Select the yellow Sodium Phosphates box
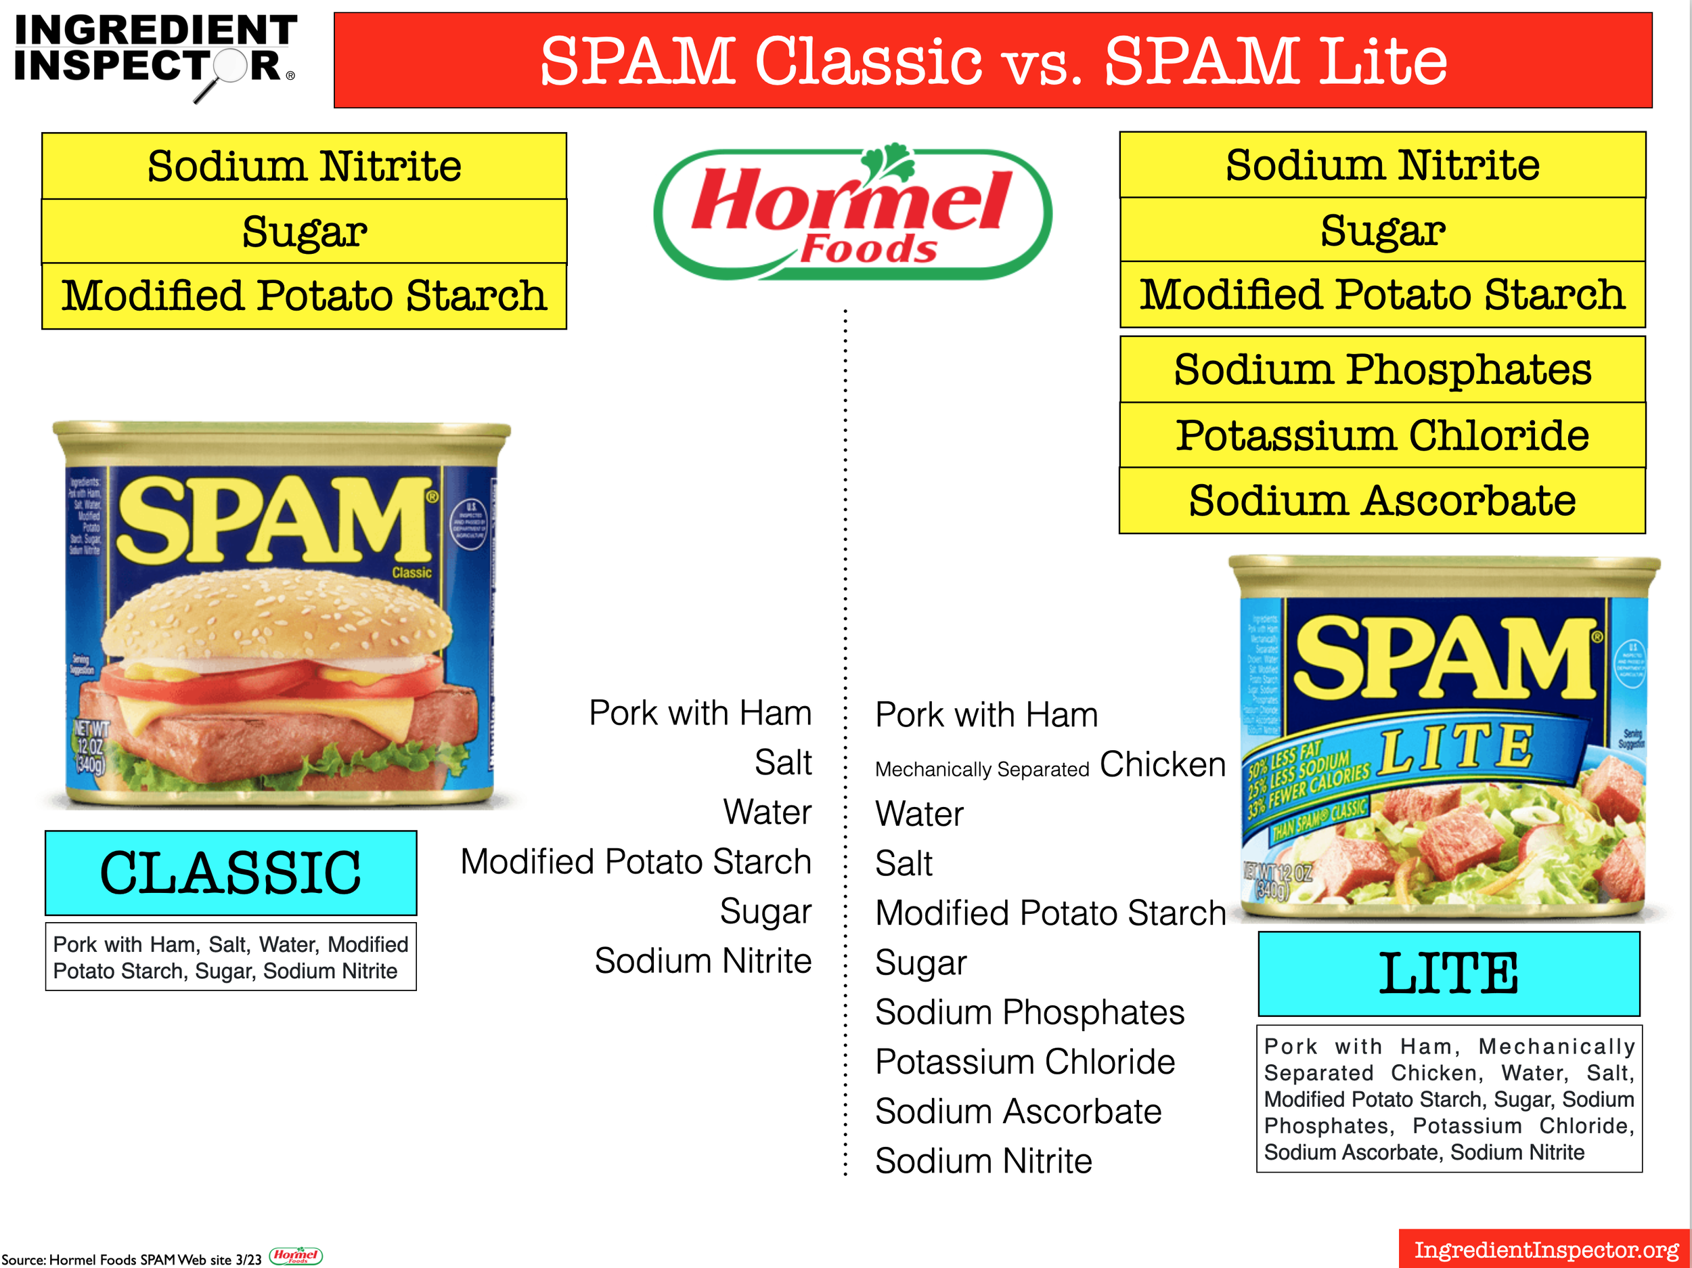click(x=1381, y=370)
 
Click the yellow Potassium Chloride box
click(x=1381, y=435)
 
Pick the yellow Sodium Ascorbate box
click(x=1381, y=500)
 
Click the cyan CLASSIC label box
click(x=230, y=873)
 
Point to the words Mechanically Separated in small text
click(x=981, y=769)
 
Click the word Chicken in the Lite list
click(x=1162, y=764)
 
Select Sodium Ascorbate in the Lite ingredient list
click(x=1017, y=1111)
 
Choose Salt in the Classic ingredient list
click(x=782, y=762)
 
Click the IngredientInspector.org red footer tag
click(x=1545, y=1249)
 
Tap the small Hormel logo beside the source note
click(x=296, y=1256)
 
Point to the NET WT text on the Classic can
click(x=91, y=728)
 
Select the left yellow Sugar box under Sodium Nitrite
click(x=304, y=231)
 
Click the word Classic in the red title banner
click(x=868, y=61)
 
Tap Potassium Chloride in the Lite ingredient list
click(x=1024, y=1062)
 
